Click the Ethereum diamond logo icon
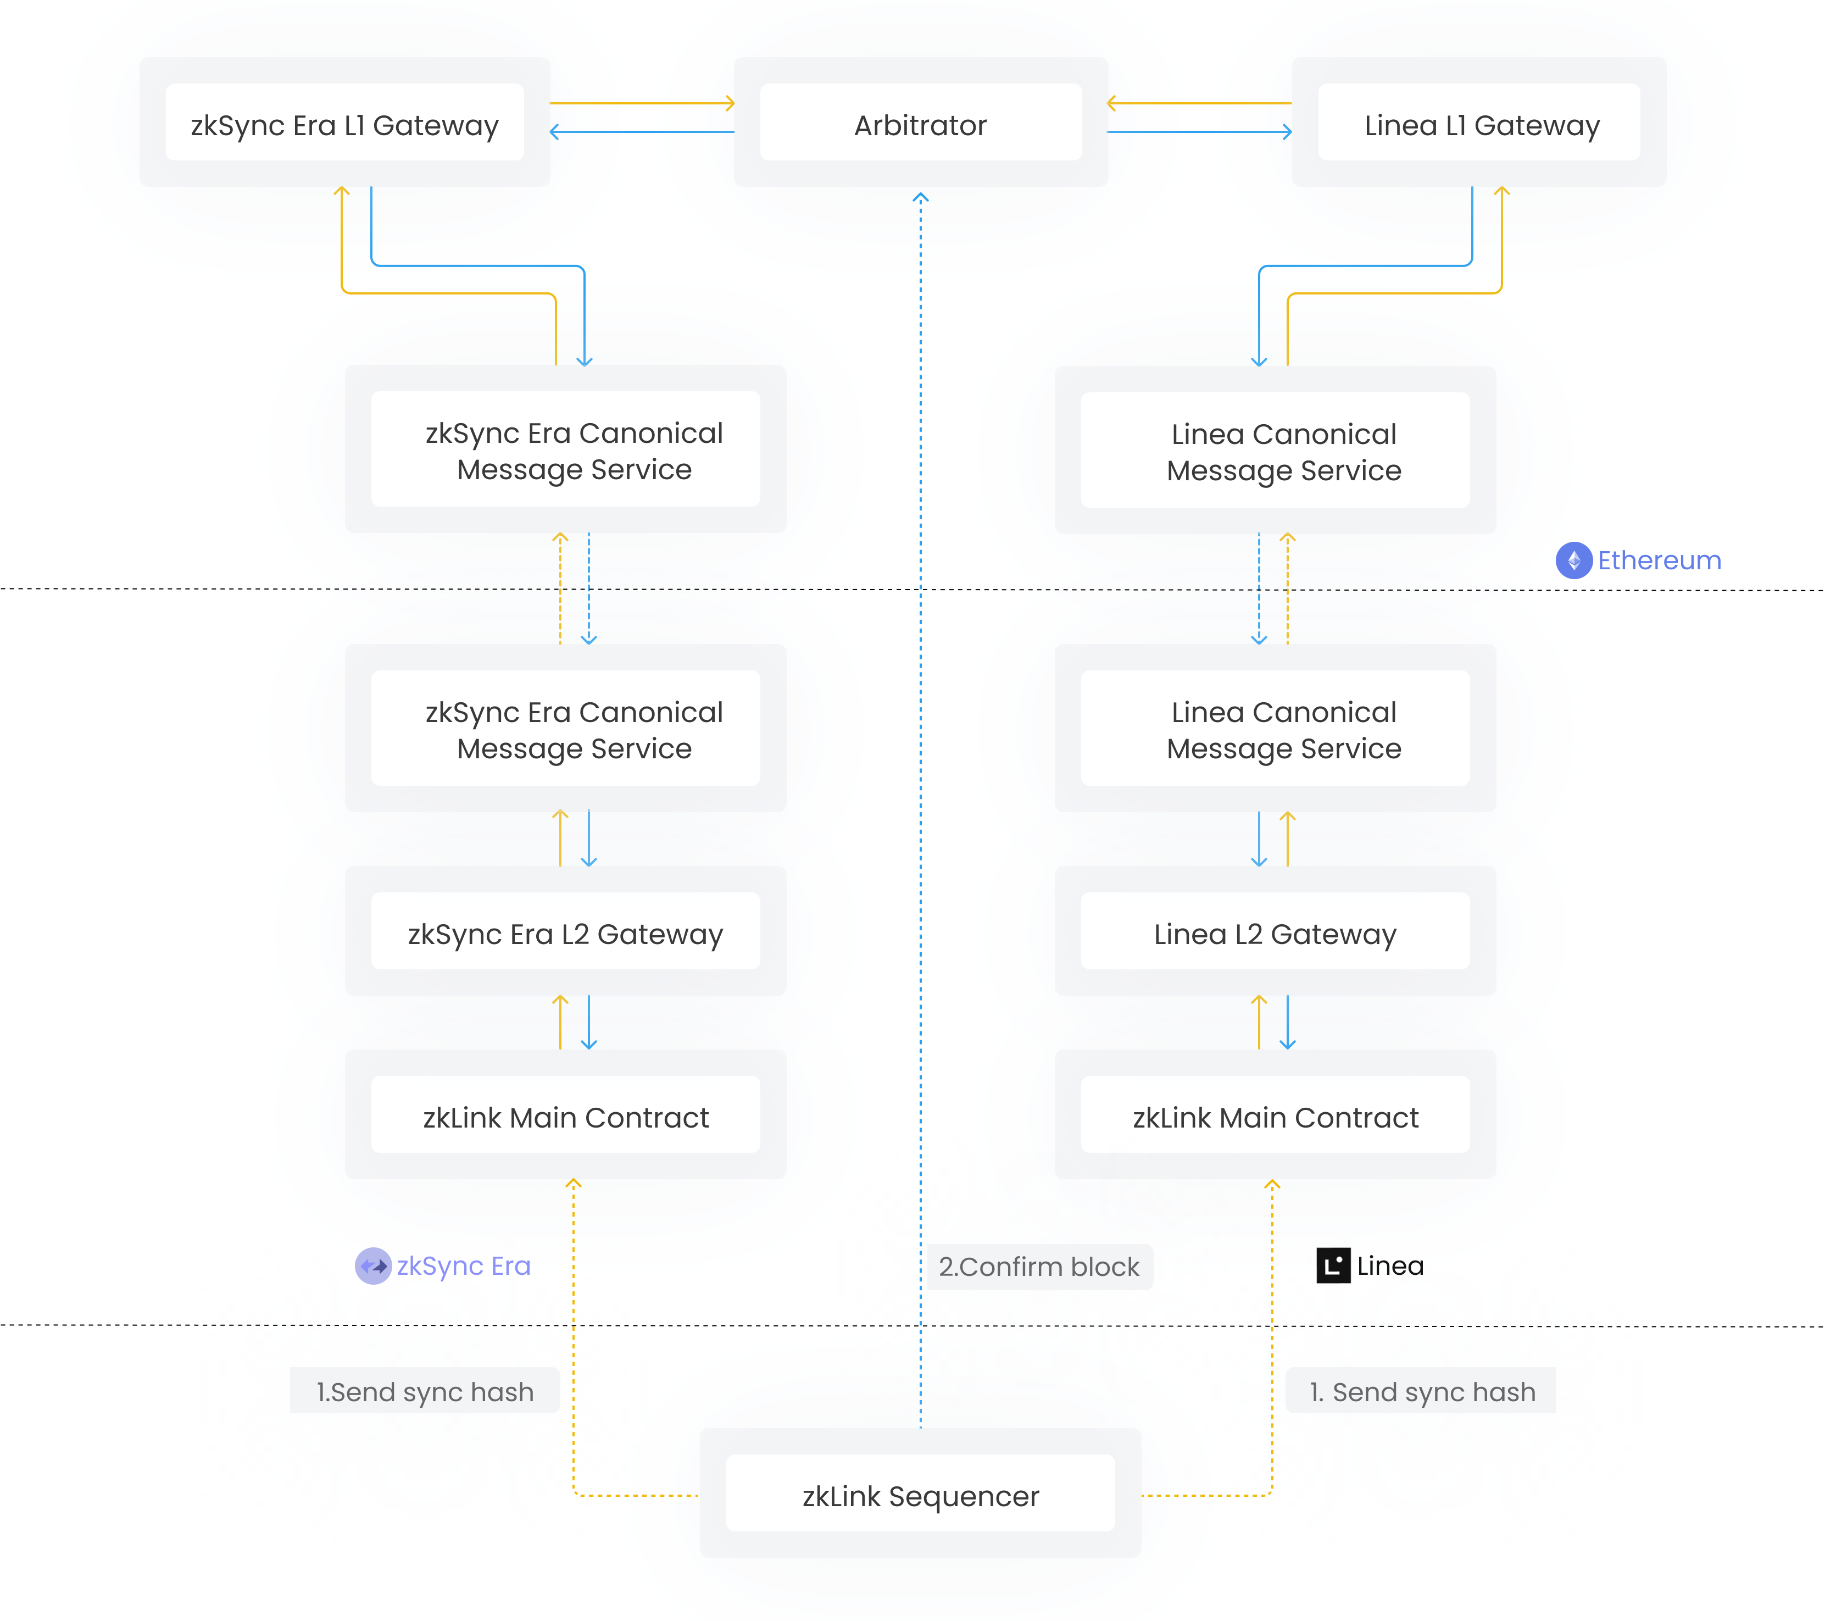1573,560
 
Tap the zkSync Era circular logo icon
373,1265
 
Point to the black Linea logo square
1333,1265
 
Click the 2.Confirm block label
1039,1267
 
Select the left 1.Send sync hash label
425,1391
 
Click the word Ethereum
1659,560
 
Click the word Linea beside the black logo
1390,1265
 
